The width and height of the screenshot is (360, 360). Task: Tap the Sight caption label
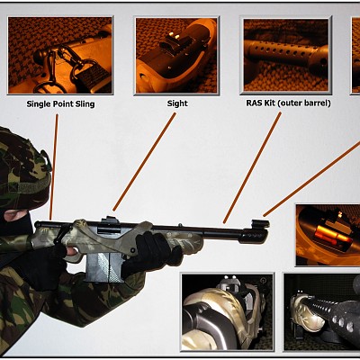177,103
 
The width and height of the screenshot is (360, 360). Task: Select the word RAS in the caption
253,103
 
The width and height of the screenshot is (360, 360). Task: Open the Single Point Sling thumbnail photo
60,56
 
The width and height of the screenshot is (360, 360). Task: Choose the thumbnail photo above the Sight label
176,56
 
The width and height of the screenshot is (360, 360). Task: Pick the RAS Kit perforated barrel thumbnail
286,55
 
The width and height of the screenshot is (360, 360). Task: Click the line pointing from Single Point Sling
53,166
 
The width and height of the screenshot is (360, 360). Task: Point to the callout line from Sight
144,162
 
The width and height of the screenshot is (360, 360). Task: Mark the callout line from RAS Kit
252,167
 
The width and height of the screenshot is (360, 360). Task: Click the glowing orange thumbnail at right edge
328,235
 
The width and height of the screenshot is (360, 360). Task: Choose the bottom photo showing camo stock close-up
228,311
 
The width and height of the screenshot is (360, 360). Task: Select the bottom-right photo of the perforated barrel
322,312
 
